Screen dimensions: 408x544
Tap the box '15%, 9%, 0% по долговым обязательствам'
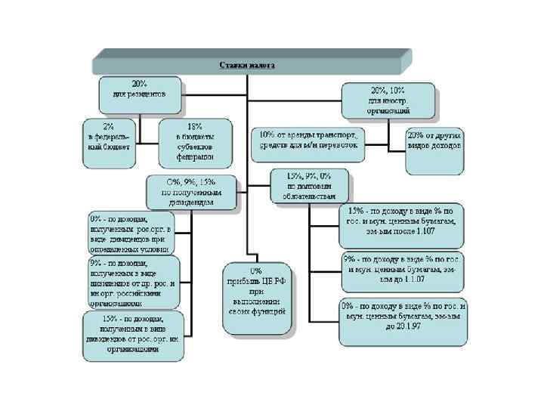click(310, 184)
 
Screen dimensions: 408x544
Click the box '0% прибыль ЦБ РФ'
click(257, 299)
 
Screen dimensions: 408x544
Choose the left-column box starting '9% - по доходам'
click(133, 280)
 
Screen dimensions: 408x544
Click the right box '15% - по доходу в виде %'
click(401, 220)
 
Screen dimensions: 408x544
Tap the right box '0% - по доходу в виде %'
click(403, 317)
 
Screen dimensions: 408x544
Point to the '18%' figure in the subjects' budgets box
click(195, 126)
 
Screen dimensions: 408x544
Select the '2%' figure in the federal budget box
click(110, 126)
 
